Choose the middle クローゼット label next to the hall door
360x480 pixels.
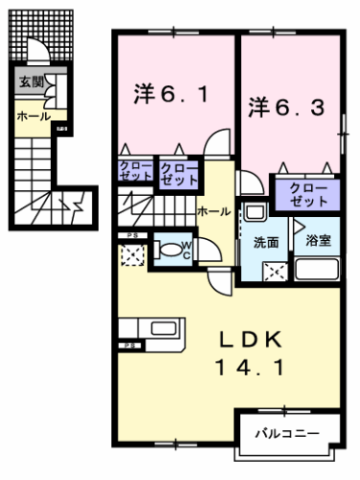tap(180, 173)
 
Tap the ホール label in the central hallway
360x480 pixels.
tap(212, 209)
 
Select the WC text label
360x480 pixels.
tap(189, 252)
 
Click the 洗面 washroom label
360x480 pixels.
tap(267, 242)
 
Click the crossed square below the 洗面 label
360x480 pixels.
tap(274, 270)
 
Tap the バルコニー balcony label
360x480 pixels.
tap(286, 434)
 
